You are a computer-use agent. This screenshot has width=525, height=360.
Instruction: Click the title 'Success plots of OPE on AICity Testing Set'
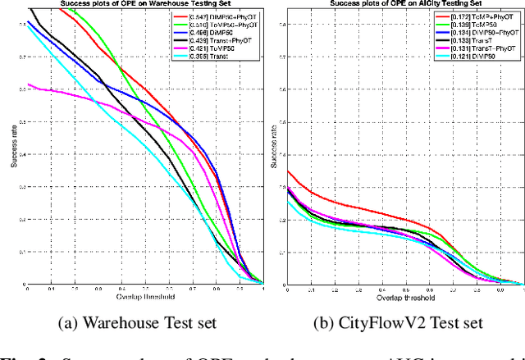pos(403,4)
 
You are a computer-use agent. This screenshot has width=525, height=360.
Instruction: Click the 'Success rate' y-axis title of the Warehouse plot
pos(14,148)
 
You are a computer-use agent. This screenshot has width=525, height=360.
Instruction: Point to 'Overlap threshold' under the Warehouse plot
pos(144,297)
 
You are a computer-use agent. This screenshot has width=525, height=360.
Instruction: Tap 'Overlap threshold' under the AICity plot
pos(404,297)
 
